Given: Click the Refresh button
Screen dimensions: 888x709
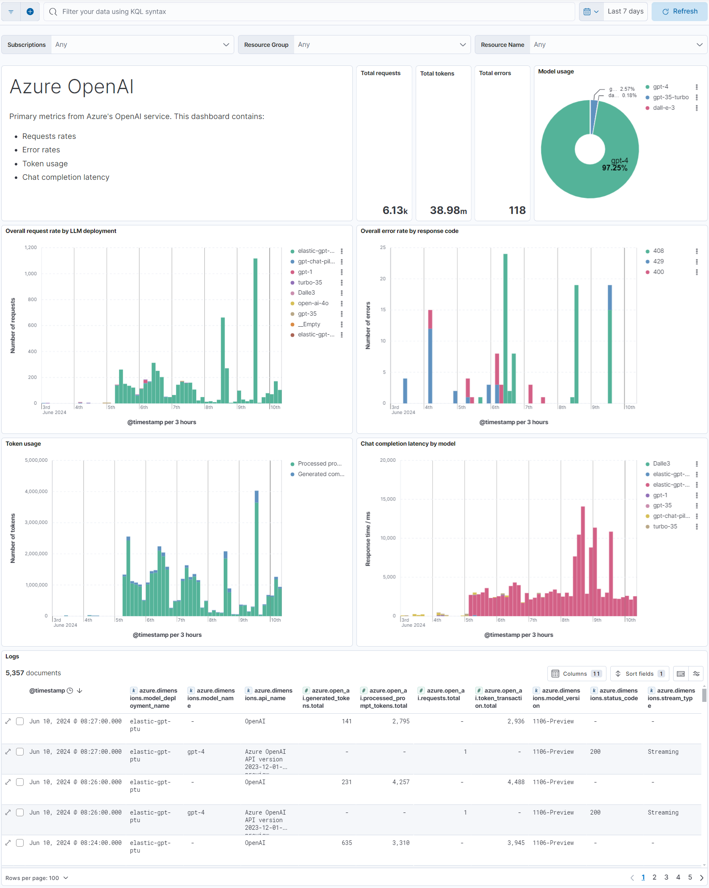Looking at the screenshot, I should pyautogui.click(x=679, y=11).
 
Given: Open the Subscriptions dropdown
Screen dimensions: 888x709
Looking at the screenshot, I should pyautogui.click(x=142, y=45).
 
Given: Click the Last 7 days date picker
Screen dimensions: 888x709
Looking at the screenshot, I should pyautogui.click(x=625, y=11).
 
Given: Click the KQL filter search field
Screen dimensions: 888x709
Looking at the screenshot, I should pyautogui.click(x=312, y=11).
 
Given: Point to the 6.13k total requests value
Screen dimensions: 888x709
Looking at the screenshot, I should pyautogui.click(x=395, y=210).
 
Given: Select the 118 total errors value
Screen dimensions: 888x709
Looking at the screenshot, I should pyautogui.click(x=517, y=210).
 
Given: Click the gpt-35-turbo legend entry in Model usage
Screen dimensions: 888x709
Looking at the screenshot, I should pyautogui.click(x=670, y=97).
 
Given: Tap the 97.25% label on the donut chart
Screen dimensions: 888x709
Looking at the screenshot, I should pyautogui.click(x=614, y=168).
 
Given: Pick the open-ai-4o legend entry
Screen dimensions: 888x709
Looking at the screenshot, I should pyautogui.click(x=313, y=303).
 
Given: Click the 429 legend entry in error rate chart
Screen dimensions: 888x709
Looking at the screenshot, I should pyautogui.click(x=658, y=261).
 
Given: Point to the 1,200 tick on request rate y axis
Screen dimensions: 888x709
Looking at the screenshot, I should pyautogui.click(x=31, y=247).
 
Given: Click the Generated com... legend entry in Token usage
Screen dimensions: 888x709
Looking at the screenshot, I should pyautogui.click(x=320, y=474).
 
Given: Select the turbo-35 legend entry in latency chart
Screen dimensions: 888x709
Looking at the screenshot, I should pyautogui.click(x=665, y=526).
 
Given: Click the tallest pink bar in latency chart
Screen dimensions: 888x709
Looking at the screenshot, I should pyautogui.click(x=583, y=561).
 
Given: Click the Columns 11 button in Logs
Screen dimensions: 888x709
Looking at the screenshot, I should pyautogui.click(x=576, y=674).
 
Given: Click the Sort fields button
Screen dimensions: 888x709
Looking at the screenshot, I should pyautogui.click(x=639, y=674).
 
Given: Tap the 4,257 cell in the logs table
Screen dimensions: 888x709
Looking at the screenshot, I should pyautogui.click(x=401, y=782).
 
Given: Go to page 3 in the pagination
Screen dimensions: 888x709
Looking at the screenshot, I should pyautogui.click(x=666, y=877).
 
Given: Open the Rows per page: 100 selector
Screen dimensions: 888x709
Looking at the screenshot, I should pyautogui.click(x=37, y=878).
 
